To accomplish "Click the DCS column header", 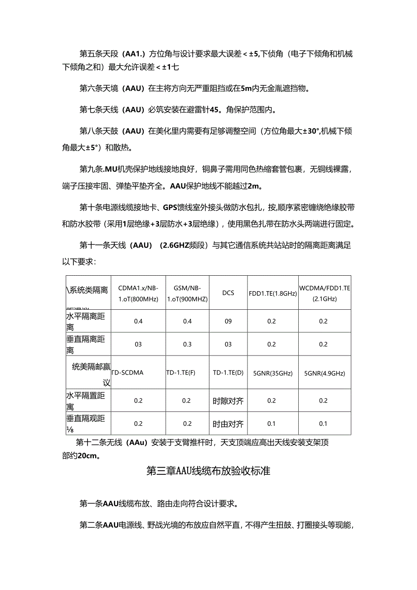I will click(x=228, y=293).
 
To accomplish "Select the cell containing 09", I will click(x=228, y=322).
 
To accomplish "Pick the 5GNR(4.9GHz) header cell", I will click(x=324, y=373).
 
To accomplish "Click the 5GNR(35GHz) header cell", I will click(x=272, y=373).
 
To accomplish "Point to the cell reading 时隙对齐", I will click(x=228, y=401).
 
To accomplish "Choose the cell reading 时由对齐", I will click(x=228, y=424).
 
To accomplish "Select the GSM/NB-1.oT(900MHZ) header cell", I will click(x=187, y=293).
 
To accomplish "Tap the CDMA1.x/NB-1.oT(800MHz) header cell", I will click(x=138, y=293).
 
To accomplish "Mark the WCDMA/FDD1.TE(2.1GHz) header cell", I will click(x=325, y=293).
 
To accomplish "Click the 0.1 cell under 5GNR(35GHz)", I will click(x=272, y=424).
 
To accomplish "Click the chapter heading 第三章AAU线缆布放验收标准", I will click(x=208, y=471).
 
